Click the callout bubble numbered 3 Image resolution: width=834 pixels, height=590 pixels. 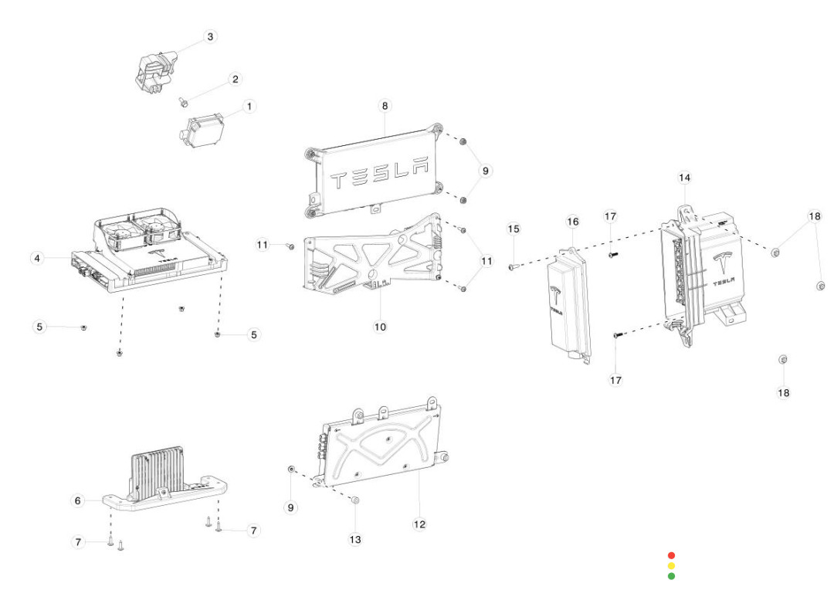(211, 37)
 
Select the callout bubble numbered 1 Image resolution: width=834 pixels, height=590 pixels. (249, 106)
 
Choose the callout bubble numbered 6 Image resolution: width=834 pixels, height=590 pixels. (77, 500)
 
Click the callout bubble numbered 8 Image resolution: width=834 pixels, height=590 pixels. (385, 105)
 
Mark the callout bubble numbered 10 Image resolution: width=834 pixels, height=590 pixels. (380, 327)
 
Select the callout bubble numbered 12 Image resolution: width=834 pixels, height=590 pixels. (419, 524)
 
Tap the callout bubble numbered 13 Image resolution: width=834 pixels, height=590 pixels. (355, 540)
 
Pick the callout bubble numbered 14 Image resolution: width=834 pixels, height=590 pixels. (684, 178)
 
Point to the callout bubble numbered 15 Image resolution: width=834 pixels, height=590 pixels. (514, 229)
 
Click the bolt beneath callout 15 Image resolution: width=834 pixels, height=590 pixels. (512, 266)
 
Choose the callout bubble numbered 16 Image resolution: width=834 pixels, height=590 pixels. (572, 222)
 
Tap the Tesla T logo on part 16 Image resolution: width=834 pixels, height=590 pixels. (555, 294)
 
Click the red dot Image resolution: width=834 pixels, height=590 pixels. (671, 555)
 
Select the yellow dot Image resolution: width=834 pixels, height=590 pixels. (671, 565)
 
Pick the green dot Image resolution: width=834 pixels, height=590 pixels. (671, 575)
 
